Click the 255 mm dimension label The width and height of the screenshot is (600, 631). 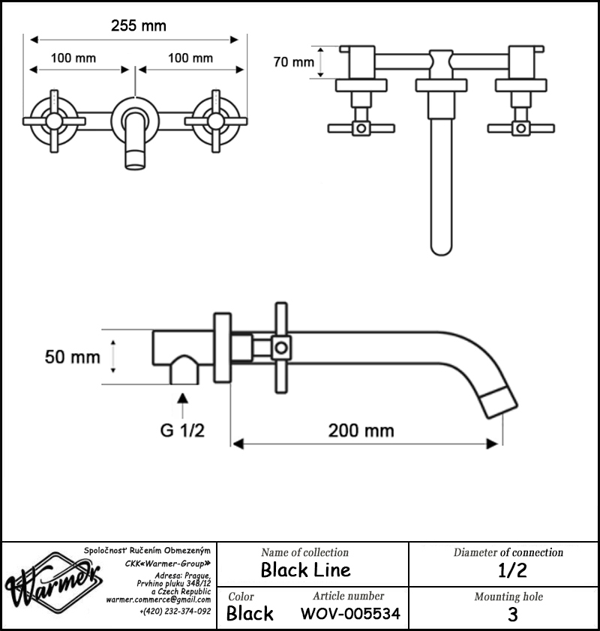point(139,25)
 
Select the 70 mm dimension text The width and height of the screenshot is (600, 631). point(293,62)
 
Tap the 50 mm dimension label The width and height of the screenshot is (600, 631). point(73,357)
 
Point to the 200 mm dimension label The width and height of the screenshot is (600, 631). point(361,431)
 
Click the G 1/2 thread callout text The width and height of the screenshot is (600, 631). point(182,430)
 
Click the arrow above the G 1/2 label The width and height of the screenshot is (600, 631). point(183,405)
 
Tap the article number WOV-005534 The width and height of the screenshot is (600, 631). point(351,614)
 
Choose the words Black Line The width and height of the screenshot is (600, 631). point(306,570)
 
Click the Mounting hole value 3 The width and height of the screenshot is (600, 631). point(512,615)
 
